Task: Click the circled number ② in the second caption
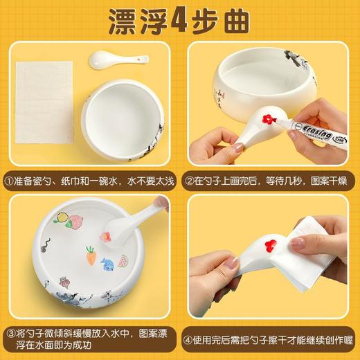coord(192,181)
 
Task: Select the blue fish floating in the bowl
coord(107,264)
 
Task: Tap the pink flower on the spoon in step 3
coord(106,237)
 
